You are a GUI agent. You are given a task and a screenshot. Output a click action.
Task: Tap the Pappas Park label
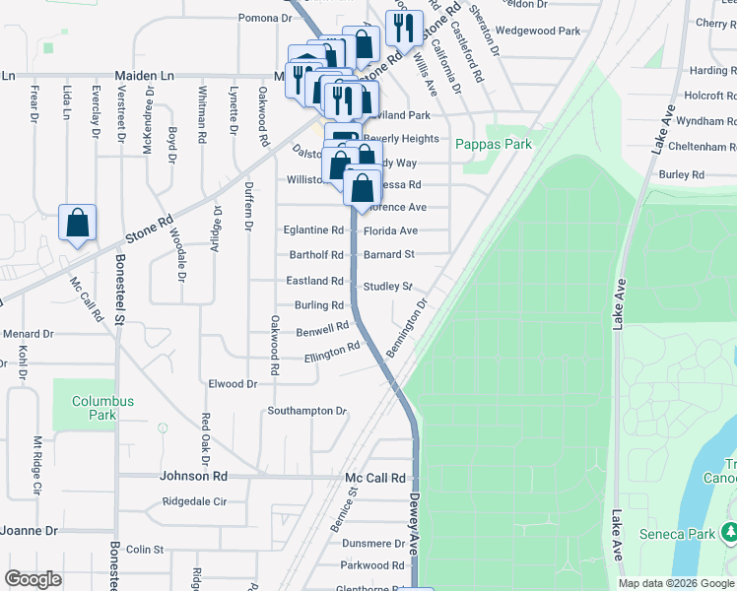pos(493,144)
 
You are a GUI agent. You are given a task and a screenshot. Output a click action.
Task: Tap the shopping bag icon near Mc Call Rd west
pos(77,224)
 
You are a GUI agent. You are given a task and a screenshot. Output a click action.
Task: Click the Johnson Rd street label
pos(193,477)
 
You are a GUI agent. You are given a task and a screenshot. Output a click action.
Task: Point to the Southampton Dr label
pos(307,411)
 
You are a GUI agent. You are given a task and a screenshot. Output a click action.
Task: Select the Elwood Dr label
pos(233,383)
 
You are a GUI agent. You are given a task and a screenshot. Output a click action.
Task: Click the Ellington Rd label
pos(332,352)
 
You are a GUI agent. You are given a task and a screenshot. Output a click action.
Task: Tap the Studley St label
pos(387,287)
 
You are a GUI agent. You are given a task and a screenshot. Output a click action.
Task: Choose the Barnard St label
pos(389,254)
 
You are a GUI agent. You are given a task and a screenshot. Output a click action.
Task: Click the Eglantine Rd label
pos(314,230)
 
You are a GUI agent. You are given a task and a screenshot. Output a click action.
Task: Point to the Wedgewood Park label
pos(538,31)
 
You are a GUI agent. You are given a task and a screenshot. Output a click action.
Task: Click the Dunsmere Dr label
pos(373,543)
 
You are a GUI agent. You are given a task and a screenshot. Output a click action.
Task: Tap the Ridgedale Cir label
pos(194,501)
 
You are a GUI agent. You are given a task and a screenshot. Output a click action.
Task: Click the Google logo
pos(33,579)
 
